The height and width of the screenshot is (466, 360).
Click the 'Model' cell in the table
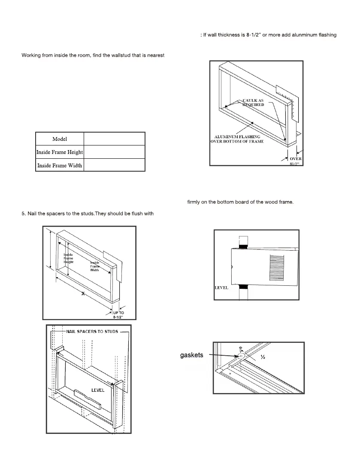[60, 139]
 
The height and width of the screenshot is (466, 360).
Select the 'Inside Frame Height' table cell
[60, 152]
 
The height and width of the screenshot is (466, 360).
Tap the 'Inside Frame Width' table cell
[60, 165]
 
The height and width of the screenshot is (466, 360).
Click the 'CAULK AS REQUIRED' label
[253, 103]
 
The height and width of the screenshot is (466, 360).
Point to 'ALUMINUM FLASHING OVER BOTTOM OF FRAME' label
[237, 139]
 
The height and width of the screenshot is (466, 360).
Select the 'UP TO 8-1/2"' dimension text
[118, 315]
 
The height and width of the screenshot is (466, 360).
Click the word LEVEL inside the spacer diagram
[98, 390]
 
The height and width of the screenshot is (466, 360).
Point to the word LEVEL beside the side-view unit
[221, 287]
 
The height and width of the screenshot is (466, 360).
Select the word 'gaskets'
[191, 355]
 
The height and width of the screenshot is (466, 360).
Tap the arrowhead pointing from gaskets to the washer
[237, 356]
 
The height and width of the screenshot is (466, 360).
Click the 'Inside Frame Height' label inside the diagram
[68, 258]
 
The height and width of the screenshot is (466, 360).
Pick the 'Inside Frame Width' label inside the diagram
[94, 266]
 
